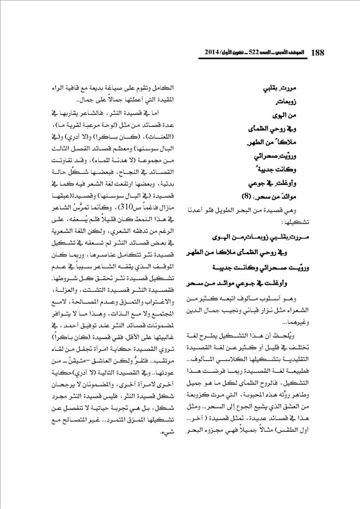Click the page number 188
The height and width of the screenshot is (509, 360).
click(x=316, y=53)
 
